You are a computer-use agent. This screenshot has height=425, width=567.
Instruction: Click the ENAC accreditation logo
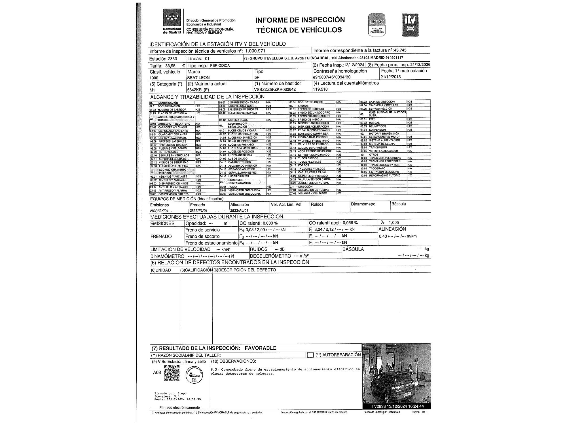pyautogui.click(x=376, y=25)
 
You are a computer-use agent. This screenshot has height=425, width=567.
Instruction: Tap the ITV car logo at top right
pyautogui.click(x=410, y=25)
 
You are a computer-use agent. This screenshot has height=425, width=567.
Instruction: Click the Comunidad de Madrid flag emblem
pyautogui.click(x=172, y=18)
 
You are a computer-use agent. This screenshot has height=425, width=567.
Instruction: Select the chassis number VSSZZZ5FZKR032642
pyautogui.click(x=275, y=90)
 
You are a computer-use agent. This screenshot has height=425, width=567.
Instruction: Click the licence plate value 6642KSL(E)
pyautogui.click(x=198, y=90)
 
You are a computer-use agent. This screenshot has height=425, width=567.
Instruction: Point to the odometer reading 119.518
pyautogui.click(x=320, y=89)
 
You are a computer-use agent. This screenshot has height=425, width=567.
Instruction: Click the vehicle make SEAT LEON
pyautogui.click(x=198, y=78)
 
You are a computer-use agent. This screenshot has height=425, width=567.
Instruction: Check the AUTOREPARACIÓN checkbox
pyautogui.click(x=310, y=355)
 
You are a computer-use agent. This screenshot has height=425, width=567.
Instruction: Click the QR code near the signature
pyautogui.click(x=172, y=373)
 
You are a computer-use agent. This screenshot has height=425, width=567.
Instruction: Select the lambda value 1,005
pyautogui.click(x=394, y=223)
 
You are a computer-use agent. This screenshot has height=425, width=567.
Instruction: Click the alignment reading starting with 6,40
pyautogui.click(x=397, y=236)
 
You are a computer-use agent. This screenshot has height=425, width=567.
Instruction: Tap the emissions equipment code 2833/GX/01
pyautogui.click(x=159, y=211)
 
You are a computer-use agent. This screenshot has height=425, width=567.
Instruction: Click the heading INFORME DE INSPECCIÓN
pyautogui.click(x=300, y=20)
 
